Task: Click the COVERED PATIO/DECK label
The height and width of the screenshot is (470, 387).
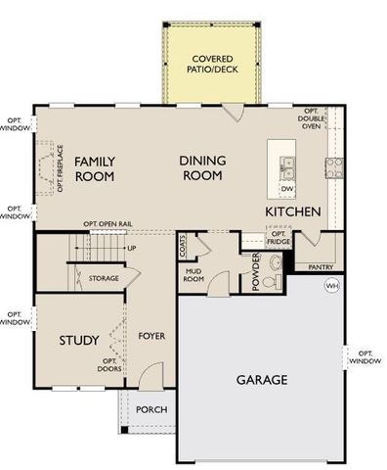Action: pos(211,65)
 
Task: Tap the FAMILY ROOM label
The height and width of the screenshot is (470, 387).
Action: pos(95,168)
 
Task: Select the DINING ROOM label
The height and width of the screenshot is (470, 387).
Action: pos(201,167)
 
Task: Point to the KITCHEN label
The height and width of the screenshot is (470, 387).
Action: pos(293,211)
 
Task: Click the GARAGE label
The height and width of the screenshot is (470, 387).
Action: pos(261,379)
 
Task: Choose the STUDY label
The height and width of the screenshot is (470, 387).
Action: pos(78,341)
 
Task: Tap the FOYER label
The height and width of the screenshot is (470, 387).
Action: pos(150,336)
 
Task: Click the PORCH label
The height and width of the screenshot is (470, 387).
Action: pos(150,409)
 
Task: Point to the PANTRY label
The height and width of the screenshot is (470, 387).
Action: pos(321,266)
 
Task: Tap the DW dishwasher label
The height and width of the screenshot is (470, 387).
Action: pos(286,188)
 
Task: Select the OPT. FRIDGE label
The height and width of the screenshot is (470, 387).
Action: pos(279,238)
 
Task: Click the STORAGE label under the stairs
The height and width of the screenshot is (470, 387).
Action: pos(103,278)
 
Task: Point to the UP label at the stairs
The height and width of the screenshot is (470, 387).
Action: pos(131,248)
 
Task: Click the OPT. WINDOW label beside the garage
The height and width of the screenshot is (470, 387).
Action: pos(365,356)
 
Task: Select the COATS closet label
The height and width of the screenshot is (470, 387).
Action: pos(183,249)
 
